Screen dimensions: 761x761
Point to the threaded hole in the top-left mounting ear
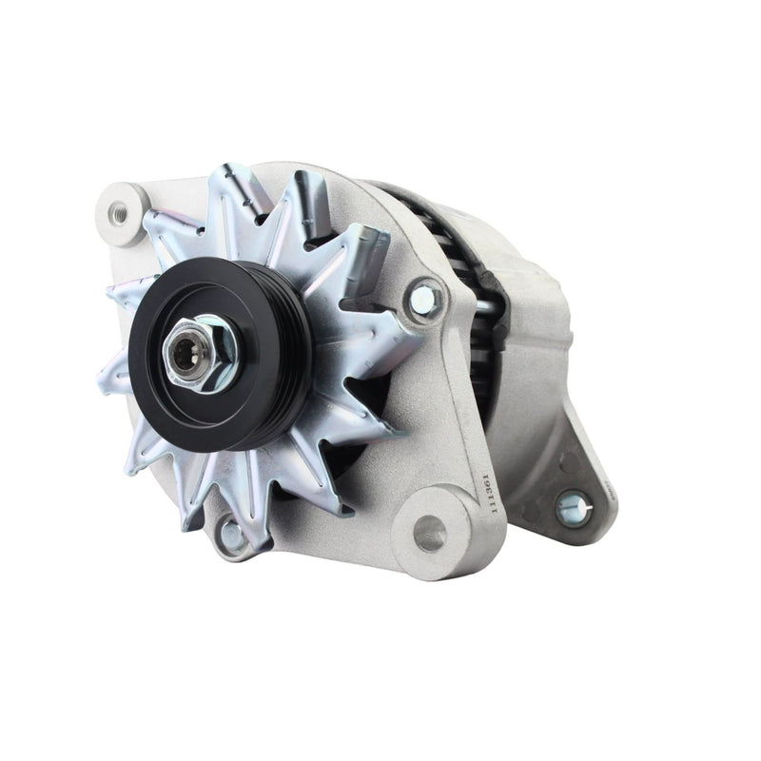point(121,212)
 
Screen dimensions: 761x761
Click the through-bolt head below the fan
point(231,536)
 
